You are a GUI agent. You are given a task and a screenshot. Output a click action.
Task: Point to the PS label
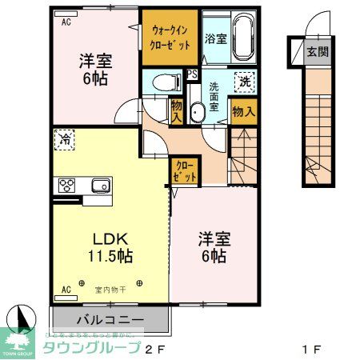(x=193, y=74)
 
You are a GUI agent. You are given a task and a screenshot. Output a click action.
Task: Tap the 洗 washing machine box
(x=243, y=81)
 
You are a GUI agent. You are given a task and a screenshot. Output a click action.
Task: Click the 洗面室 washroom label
(x=214, y=95)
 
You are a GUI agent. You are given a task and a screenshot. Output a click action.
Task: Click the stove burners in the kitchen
(x=67, y=186)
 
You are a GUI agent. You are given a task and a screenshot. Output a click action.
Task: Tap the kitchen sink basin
(x=100, y=186)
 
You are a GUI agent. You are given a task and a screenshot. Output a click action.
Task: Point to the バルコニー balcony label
(x=110, y=319)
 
